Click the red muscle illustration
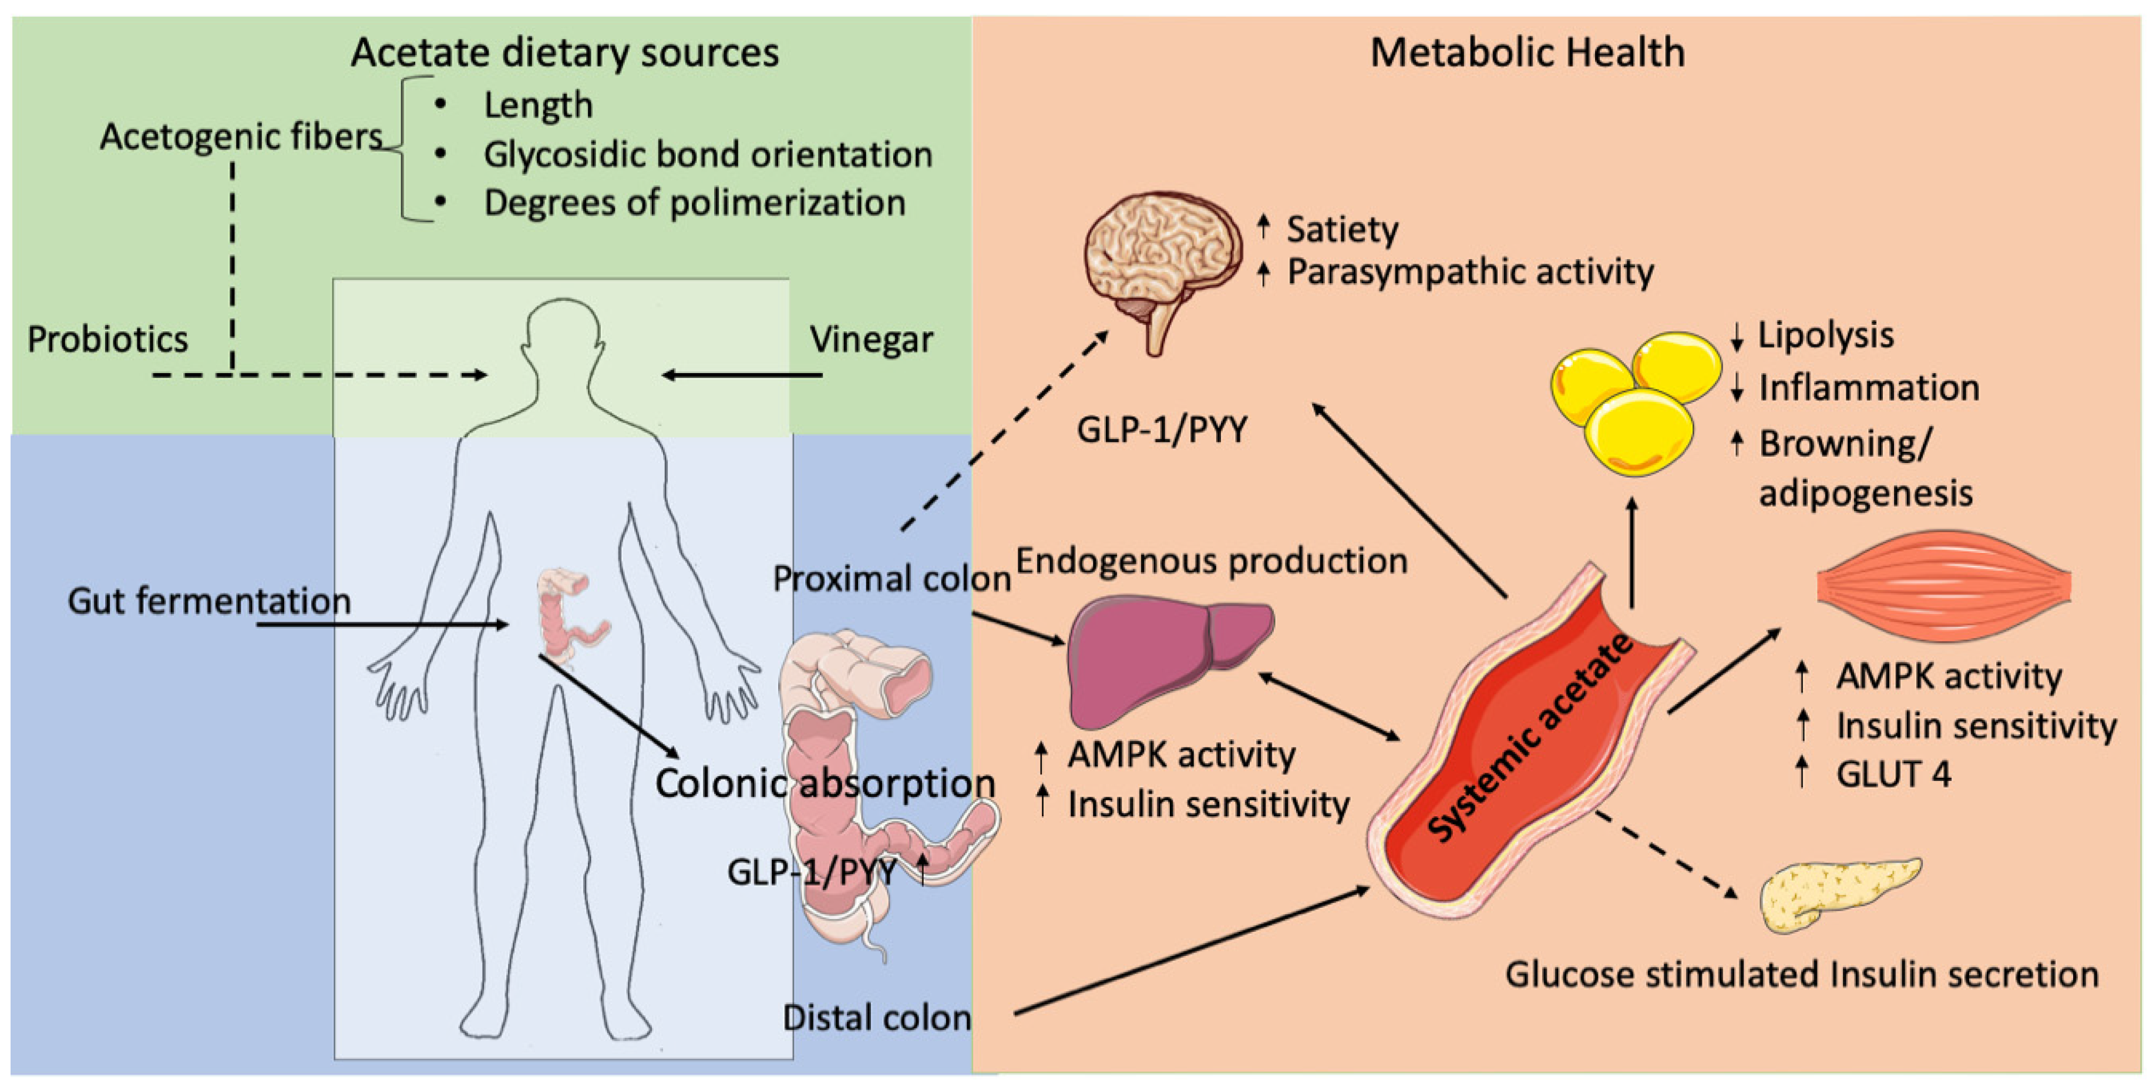click(x=1944, y=585)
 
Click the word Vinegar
click(x=872, y=340)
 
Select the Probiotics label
click(x=108, y=340)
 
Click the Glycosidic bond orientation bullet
click(x=708, y=155)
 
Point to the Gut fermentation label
click(x=209, y=601)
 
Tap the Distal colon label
click(x=877, y=1018)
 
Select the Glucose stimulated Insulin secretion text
click(x=1802, y=975)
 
